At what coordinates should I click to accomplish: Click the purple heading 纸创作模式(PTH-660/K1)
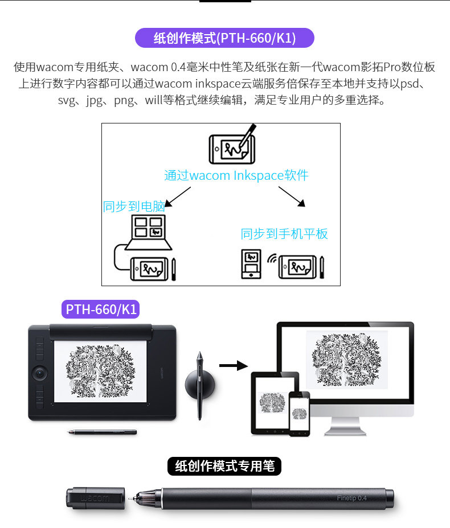pos(224,38)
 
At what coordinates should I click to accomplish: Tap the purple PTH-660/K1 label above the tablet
pos(101,310)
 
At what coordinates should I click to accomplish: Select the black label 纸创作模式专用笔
pos(224,466)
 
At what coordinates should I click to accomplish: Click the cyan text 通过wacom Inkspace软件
pos(236,175)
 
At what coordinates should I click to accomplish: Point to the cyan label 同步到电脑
pos(134,207)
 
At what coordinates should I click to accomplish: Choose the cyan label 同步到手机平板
pos(284,234)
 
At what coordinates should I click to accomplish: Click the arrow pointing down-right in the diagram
pos(293,196)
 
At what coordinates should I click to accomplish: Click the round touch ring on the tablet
pos(40,373)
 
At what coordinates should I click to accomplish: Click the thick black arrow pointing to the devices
pos(234,365)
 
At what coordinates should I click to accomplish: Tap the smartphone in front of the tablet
pos(298,413)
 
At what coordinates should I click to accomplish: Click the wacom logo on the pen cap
pos(94,498)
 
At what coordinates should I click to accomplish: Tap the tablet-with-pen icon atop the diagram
pos(231,145)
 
